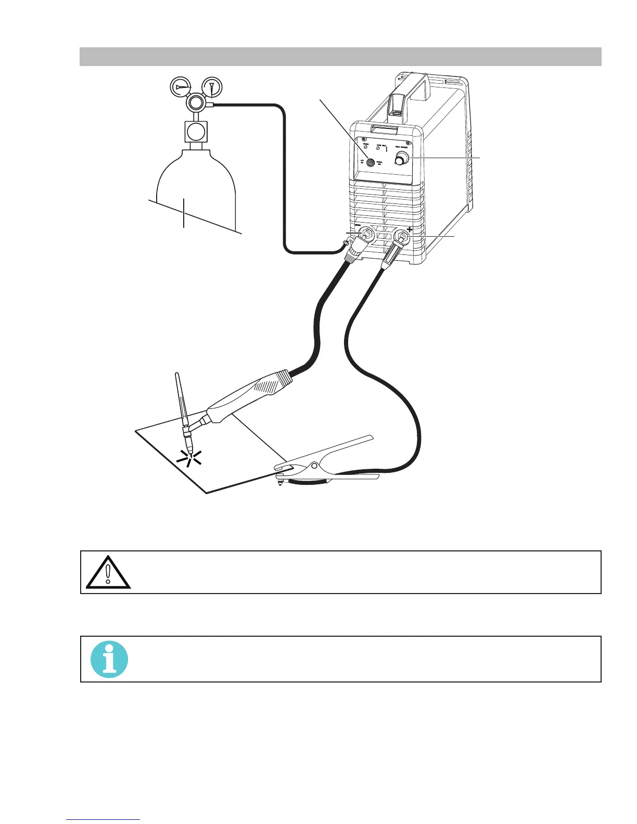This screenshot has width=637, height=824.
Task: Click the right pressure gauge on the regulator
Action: tap(211, 86)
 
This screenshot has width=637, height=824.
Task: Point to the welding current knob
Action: tap(401, 161)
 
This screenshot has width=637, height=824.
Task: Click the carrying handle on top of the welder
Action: tap(411, 86)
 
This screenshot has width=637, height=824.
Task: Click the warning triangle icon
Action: tap(108, 573)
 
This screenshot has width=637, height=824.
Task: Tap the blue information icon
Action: tap(109, 659)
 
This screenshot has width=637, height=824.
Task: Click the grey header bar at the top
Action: tap(340, 57)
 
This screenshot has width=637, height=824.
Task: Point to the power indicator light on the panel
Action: tap(366, 147)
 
